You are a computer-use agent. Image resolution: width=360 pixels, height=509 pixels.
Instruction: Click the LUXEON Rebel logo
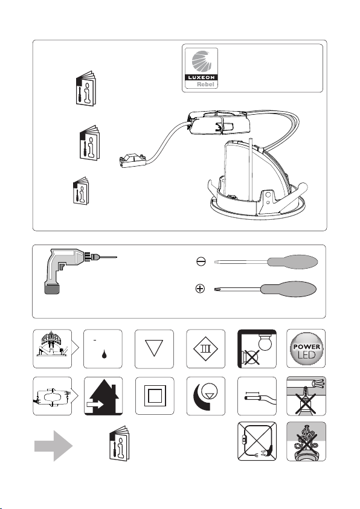201,68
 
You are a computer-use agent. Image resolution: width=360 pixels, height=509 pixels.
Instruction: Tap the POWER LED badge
306,348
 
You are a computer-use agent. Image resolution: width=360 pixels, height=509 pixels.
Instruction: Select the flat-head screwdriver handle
292,261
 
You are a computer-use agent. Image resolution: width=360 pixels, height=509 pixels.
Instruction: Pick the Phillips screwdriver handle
288,289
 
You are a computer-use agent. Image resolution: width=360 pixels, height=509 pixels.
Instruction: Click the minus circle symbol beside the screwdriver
201,261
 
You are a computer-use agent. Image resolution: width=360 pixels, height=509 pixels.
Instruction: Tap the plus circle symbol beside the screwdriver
201,288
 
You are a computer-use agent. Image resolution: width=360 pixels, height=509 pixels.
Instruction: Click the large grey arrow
54,446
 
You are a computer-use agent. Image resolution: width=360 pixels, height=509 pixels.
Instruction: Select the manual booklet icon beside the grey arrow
119,443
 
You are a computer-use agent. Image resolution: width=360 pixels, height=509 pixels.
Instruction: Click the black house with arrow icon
103,396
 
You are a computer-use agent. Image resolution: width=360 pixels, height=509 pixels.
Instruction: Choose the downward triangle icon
154,348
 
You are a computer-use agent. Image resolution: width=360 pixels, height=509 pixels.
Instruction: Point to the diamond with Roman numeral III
205,349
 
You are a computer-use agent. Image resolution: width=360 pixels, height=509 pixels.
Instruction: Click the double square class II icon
155,395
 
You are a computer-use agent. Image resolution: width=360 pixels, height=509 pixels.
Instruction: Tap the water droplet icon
104,354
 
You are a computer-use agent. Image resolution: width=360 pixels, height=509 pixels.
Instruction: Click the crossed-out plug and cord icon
257,441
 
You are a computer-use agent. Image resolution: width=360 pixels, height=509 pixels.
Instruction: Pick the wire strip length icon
259,397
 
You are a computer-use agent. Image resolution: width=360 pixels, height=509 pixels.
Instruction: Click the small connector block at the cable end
133,161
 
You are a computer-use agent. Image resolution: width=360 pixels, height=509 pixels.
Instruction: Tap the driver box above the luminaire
219,123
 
